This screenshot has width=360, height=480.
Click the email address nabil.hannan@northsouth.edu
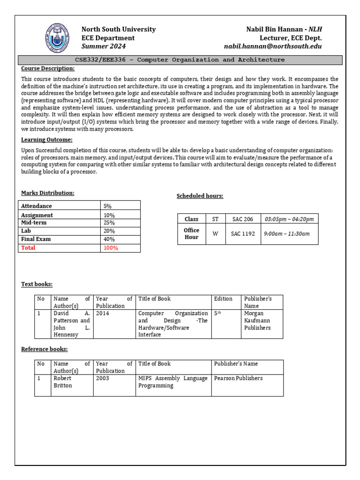tap(273, 46)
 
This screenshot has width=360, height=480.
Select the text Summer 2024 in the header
tap(104, 46)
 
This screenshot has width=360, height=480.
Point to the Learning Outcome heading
tap(46, 140)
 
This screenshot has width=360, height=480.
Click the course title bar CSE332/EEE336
tap(180, 60)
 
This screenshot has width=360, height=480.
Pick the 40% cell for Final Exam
tap(109, 239)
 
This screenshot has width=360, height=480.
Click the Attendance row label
tap(36, 206)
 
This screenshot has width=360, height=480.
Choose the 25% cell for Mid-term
tap(109, 223)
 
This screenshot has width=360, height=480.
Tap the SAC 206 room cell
tap(242, 219)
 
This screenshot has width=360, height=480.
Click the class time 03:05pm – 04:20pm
tap(289, 219)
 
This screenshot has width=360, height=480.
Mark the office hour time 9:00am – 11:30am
tap(287, 233)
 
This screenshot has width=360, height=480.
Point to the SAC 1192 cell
tap(243, 233)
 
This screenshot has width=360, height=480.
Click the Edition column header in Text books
tap(223, 299)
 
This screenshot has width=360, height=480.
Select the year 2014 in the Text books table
tap(102, 313)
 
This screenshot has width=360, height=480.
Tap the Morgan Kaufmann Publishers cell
tap(257, 320)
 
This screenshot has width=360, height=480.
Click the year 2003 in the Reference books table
tap(102, 378)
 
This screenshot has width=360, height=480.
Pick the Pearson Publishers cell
tap(239, 378)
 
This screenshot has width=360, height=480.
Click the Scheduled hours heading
tap(200, 196)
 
